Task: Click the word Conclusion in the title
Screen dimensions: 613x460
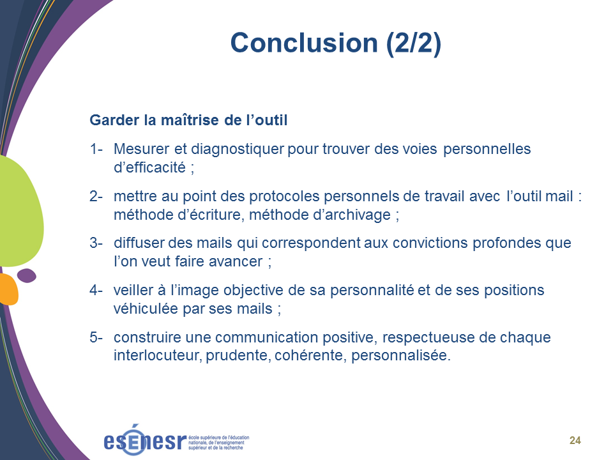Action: [304, 43]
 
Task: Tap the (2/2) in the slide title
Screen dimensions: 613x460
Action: [414, 43]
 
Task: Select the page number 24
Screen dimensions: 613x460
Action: [575, 440]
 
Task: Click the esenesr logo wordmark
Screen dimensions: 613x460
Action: [145, 440]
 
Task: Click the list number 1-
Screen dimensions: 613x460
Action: [96, 149]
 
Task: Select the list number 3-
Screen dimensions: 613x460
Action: [96, 243]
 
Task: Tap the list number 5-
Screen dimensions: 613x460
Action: [96, 337]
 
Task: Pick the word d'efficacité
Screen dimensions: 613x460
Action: [149, 167]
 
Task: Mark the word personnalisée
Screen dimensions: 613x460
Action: [401, 356]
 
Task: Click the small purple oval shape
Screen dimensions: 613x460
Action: [27, 275]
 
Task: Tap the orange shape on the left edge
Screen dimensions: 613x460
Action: [8, 289]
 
